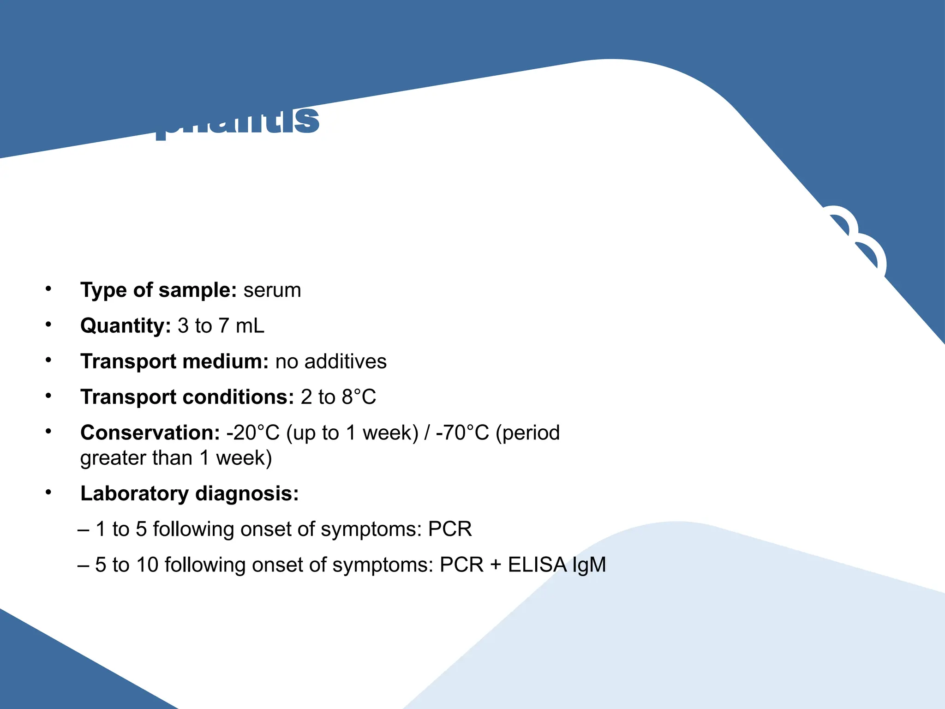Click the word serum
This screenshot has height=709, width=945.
click(272, 291)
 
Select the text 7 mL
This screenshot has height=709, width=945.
click(241, 326)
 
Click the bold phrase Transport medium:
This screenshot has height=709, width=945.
click(174, 361)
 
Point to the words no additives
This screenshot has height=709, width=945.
click(331, 361)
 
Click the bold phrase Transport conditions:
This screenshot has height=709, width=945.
click(187, 397)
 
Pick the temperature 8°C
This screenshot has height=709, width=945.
click(359, 397)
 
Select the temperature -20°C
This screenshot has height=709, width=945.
click(253, 433)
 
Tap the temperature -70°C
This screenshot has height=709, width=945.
click(462, 433)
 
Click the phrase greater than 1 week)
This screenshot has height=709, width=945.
click(176, 458)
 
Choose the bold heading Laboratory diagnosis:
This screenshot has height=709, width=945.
click(189, 494)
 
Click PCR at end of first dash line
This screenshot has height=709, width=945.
click(450, 529)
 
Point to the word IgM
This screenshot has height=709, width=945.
click(589, 565)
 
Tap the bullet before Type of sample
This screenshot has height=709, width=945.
click(48, 289)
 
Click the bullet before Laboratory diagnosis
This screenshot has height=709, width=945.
click(48, 493)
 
